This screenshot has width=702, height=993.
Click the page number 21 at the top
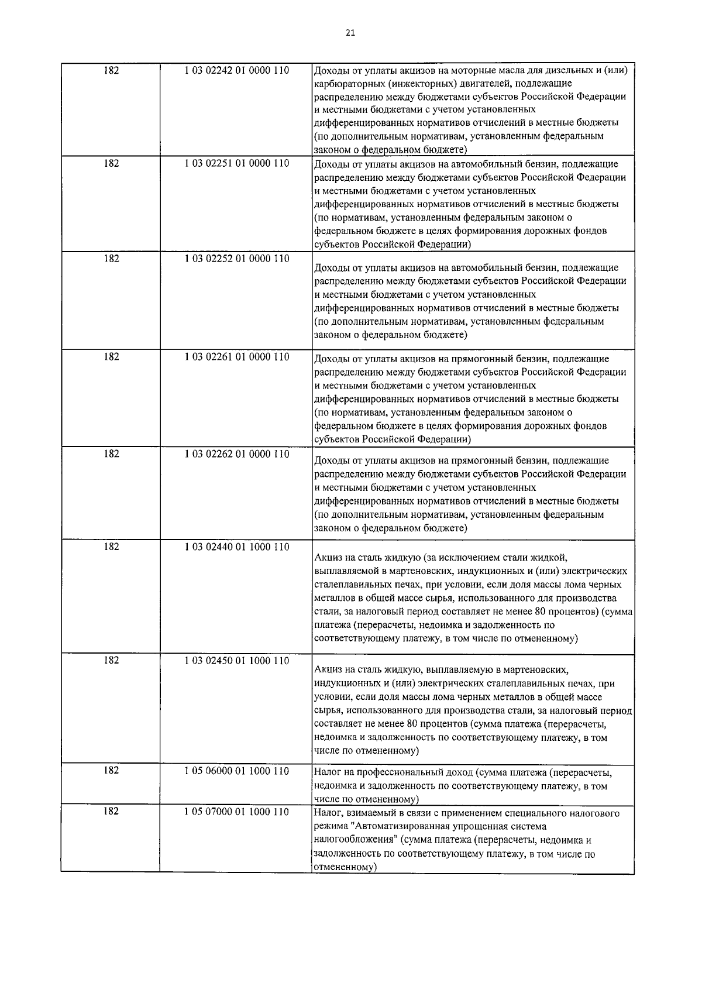click(350, 33)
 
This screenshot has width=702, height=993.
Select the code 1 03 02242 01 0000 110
click(236, 70)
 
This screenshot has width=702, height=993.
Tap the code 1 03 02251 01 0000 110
click(236, 163)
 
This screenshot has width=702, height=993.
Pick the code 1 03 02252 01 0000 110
click(236, 258)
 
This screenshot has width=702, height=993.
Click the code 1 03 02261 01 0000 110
click(236, 356)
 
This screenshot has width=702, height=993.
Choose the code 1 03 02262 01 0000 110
click(236, 453)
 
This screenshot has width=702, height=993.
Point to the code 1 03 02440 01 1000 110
click(236, 547)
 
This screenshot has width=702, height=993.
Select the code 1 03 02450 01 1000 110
click(236, 660)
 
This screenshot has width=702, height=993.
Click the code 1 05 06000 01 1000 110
click(236, 771)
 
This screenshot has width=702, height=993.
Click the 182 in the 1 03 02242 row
click(111, 70)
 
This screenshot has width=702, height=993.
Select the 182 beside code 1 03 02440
click(111, 547)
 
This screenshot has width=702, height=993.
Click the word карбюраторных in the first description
click(345, 84)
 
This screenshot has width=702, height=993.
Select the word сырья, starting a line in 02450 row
click(328, 711)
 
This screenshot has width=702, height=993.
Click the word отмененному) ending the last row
click(344, 867)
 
